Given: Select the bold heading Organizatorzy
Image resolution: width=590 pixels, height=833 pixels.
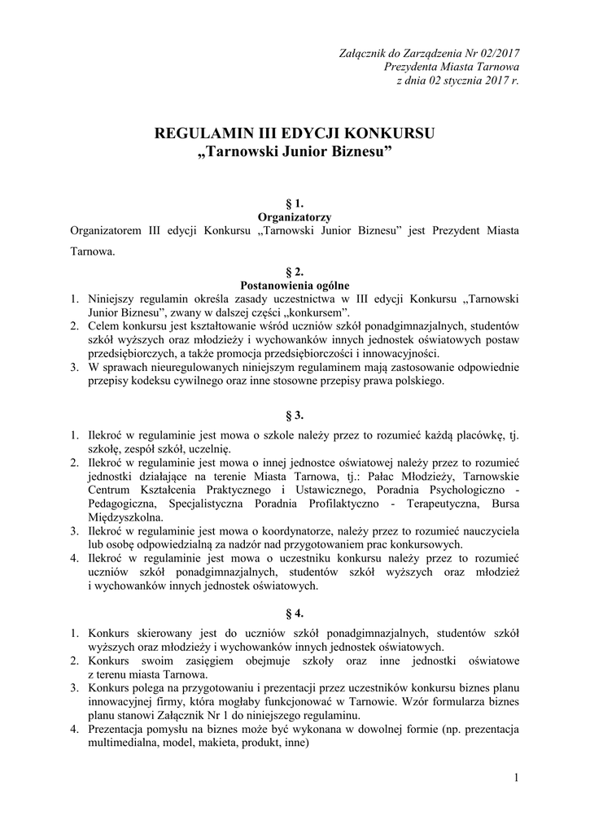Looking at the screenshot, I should tap(295, 217).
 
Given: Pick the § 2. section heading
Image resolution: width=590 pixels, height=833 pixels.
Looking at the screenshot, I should tap(295, 272).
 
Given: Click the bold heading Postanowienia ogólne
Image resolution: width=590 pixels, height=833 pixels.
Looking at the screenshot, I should tap(295, 285).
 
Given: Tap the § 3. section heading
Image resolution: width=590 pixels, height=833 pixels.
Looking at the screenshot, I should tap(295, 414).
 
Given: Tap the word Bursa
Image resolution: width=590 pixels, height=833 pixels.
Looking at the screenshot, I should tap(502, 504).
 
